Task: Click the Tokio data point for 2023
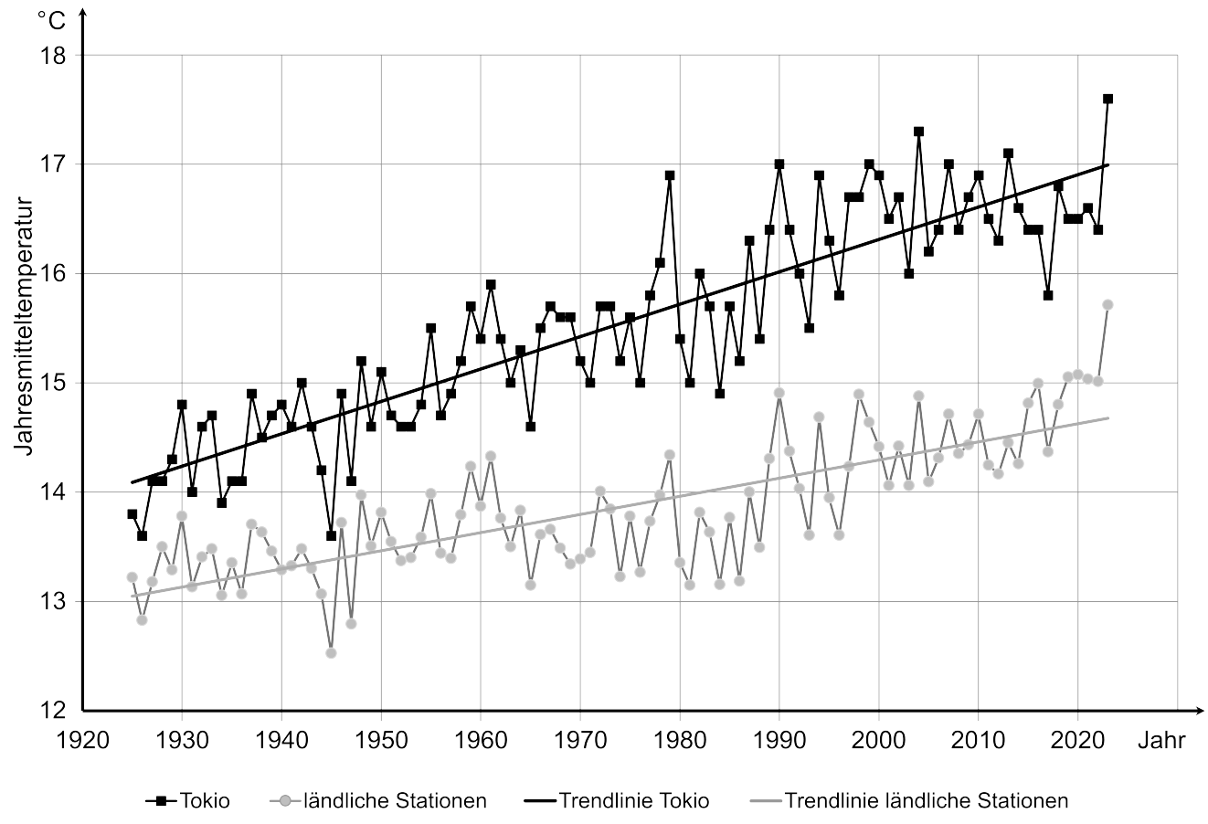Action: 1107,99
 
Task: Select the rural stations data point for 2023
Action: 1107,304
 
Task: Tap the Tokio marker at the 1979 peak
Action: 670,175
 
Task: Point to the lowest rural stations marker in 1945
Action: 331,653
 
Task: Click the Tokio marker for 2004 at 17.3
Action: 918,132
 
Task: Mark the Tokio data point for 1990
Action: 779,164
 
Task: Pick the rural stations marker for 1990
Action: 779,393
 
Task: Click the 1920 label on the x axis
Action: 82,740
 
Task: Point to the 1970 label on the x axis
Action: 580,740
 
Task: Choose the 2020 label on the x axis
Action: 1078,740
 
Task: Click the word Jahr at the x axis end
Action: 1160,740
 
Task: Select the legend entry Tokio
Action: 188,801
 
